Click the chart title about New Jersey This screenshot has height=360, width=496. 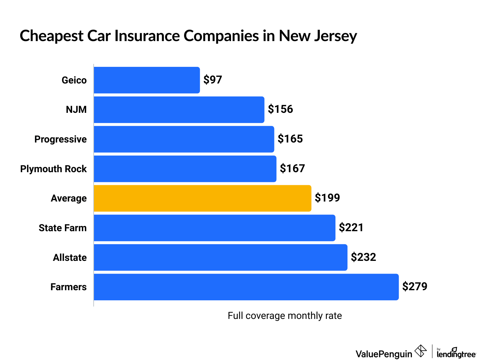pos(188,36)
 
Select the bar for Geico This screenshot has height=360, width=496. pos(147,80)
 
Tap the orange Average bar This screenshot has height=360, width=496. pos(202,198)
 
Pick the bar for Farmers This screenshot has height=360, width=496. pos(246,287)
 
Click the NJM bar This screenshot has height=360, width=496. pos(179,110)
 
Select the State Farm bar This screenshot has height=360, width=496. pos(214,228)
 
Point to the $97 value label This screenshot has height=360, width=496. pos(212,80)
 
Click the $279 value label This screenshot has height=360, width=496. pos(414,287)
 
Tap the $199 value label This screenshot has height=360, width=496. pos(327,198)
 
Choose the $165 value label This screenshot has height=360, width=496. pos(290,139)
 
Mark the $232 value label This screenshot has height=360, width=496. pos(363,257)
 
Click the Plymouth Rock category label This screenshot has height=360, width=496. pos(54,169)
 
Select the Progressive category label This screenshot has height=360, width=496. pos(60,139)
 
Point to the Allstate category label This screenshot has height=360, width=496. pos(70,258)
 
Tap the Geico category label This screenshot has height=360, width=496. pos(74,80)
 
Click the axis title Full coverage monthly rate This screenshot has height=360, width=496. pos(285,316)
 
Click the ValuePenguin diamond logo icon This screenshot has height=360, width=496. pos(421,351)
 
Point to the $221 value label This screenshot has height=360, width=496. pos(351,228)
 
